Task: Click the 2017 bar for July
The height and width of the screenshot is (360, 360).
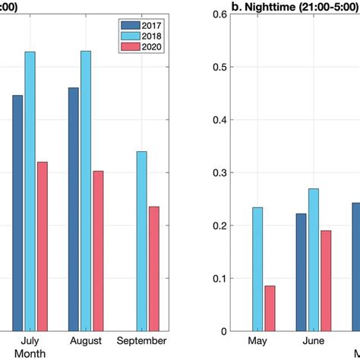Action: tap(17, 213)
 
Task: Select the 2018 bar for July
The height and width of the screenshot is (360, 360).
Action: tap(30, 191)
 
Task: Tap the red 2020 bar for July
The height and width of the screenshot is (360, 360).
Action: tap(43, 246)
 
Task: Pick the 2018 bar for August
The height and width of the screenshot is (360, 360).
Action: tap(86, 191)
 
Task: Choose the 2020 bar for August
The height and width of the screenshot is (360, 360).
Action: tap(99, 251)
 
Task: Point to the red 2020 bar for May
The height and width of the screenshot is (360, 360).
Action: tap(270, 308)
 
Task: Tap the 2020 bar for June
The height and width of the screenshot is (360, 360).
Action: tap(326, 280)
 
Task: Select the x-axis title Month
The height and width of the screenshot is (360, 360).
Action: tap(30, 354)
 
